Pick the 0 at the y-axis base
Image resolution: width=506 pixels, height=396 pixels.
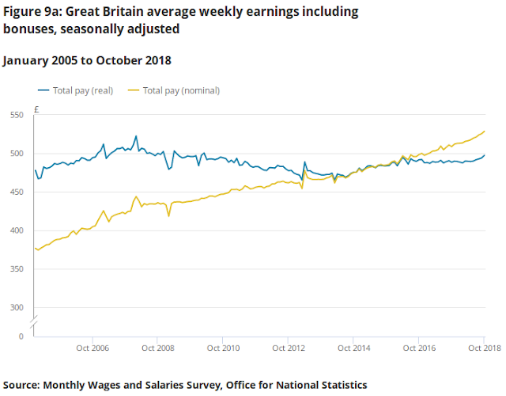tap(21, 337)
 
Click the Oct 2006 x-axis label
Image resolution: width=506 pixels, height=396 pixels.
tap(93, 348)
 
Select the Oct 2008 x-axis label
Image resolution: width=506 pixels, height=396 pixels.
tap(158, 348)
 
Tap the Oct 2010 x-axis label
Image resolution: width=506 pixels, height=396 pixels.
tap(223, 348)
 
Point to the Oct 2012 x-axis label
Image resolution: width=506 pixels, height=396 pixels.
tap(288, 348)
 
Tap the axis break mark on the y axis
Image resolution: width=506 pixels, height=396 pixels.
tap(33, 322)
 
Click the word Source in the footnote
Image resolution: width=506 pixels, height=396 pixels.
tap(22, 385)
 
